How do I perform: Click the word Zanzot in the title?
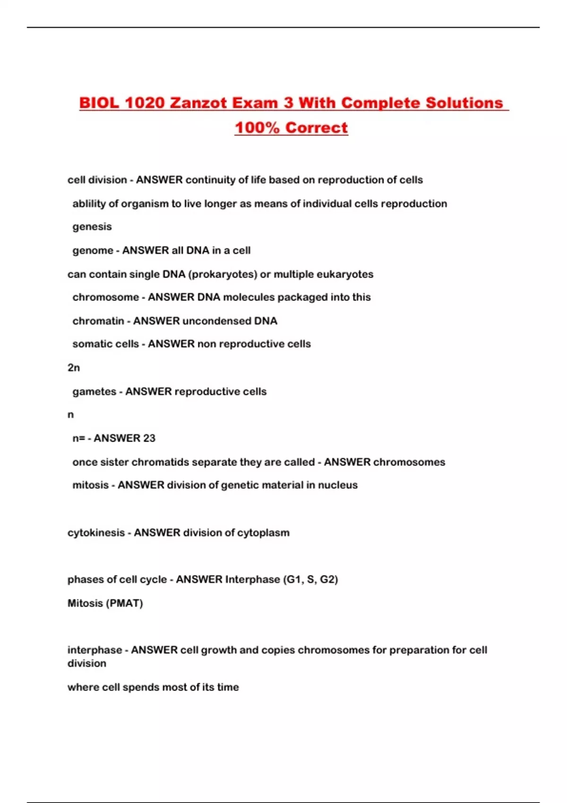click(204, 103)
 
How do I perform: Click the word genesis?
click(92, 227)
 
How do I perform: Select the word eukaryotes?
click(347, 274)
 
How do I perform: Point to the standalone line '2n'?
click(74, 367)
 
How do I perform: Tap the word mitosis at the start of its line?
click(90, 485)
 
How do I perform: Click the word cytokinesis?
click(96, 533)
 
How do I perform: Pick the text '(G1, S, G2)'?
click(310, 580)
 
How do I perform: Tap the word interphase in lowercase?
click(94, 650)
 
